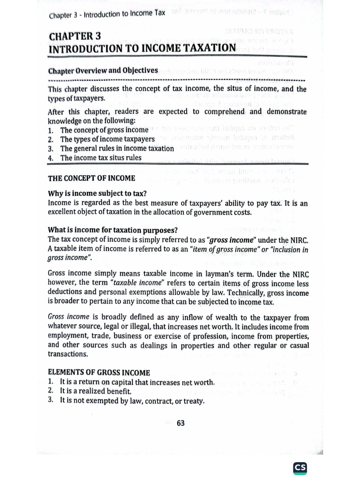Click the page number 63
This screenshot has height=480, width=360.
click(180, 423)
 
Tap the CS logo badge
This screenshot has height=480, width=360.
click(300, 468)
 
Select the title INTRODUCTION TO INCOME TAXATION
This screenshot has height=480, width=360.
click(142, 48)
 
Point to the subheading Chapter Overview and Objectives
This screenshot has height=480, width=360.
click(103, 71)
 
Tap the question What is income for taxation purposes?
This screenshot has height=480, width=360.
click(112, 230)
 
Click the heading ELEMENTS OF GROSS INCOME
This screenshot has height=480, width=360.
click(99, 373)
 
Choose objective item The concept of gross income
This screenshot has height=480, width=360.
click(104, 130)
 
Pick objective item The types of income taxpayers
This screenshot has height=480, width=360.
click(107, 139)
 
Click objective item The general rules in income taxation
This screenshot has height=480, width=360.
click(117, 148)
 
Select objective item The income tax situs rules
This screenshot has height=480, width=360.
click(100, 157)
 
